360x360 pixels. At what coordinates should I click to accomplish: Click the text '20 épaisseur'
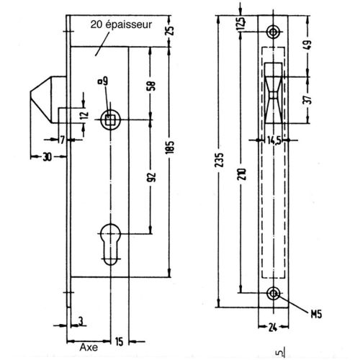click(121, 24)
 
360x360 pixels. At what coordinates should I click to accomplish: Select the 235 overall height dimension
click(220, 160)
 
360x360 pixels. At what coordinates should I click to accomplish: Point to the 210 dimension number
click(243, 174)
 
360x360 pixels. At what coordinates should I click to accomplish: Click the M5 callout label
click(316, 314)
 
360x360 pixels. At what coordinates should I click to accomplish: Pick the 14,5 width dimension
click(274, 140)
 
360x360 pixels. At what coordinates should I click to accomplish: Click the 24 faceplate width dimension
click(273, 327)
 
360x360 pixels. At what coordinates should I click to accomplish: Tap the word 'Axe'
click(89, 347)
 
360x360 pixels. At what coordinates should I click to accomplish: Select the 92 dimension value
click(152, 177)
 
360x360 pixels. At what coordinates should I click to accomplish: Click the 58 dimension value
click(151, 86)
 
